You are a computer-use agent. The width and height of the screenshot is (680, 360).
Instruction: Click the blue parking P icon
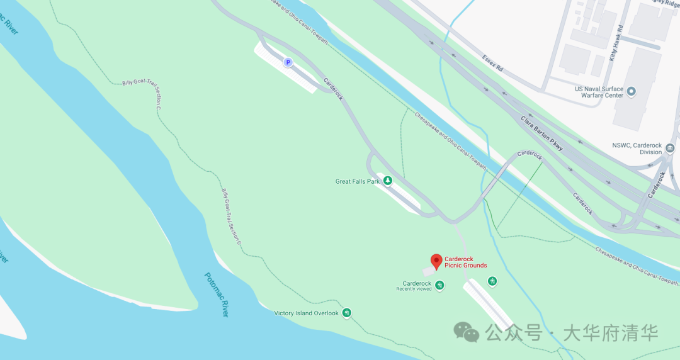tap(288, 62)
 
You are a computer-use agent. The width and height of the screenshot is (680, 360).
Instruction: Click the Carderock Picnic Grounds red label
tap(466, 262)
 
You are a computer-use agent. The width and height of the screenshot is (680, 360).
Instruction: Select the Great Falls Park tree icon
tap(388, 181)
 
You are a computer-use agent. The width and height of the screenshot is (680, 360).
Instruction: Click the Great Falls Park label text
tap(358, 181)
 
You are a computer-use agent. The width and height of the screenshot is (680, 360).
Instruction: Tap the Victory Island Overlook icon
tap(346, 313)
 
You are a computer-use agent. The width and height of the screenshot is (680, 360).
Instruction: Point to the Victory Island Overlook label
tap(307, 313)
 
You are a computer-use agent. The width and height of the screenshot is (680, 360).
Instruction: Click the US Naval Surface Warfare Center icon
tap(632, 92)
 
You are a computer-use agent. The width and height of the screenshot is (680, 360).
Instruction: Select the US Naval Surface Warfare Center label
tap(599, 92)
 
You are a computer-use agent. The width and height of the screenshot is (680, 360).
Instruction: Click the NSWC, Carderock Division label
tap(637, 149)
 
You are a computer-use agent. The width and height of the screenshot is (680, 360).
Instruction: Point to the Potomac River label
tap(217, 295)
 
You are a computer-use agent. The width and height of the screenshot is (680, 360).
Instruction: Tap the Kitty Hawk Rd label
tap(615, 43)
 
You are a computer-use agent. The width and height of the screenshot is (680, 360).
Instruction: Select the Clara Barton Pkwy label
tap(541, 133)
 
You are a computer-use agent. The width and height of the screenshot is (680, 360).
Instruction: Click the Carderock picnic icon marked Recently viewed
tap(439, 286)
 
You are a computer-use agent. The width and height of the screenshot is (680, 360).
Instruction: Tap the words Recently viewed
tap(414, 289)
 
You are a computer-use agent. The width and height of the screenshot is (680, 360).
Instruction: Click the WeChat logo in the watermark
tap(467, 332)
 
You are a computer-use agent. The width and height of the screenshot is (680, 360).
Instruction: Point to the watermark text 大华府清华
tap(610, 332)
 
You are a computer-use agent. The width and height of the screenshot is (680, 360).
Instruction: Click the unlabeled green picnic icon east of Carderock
tap(492, 281)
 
